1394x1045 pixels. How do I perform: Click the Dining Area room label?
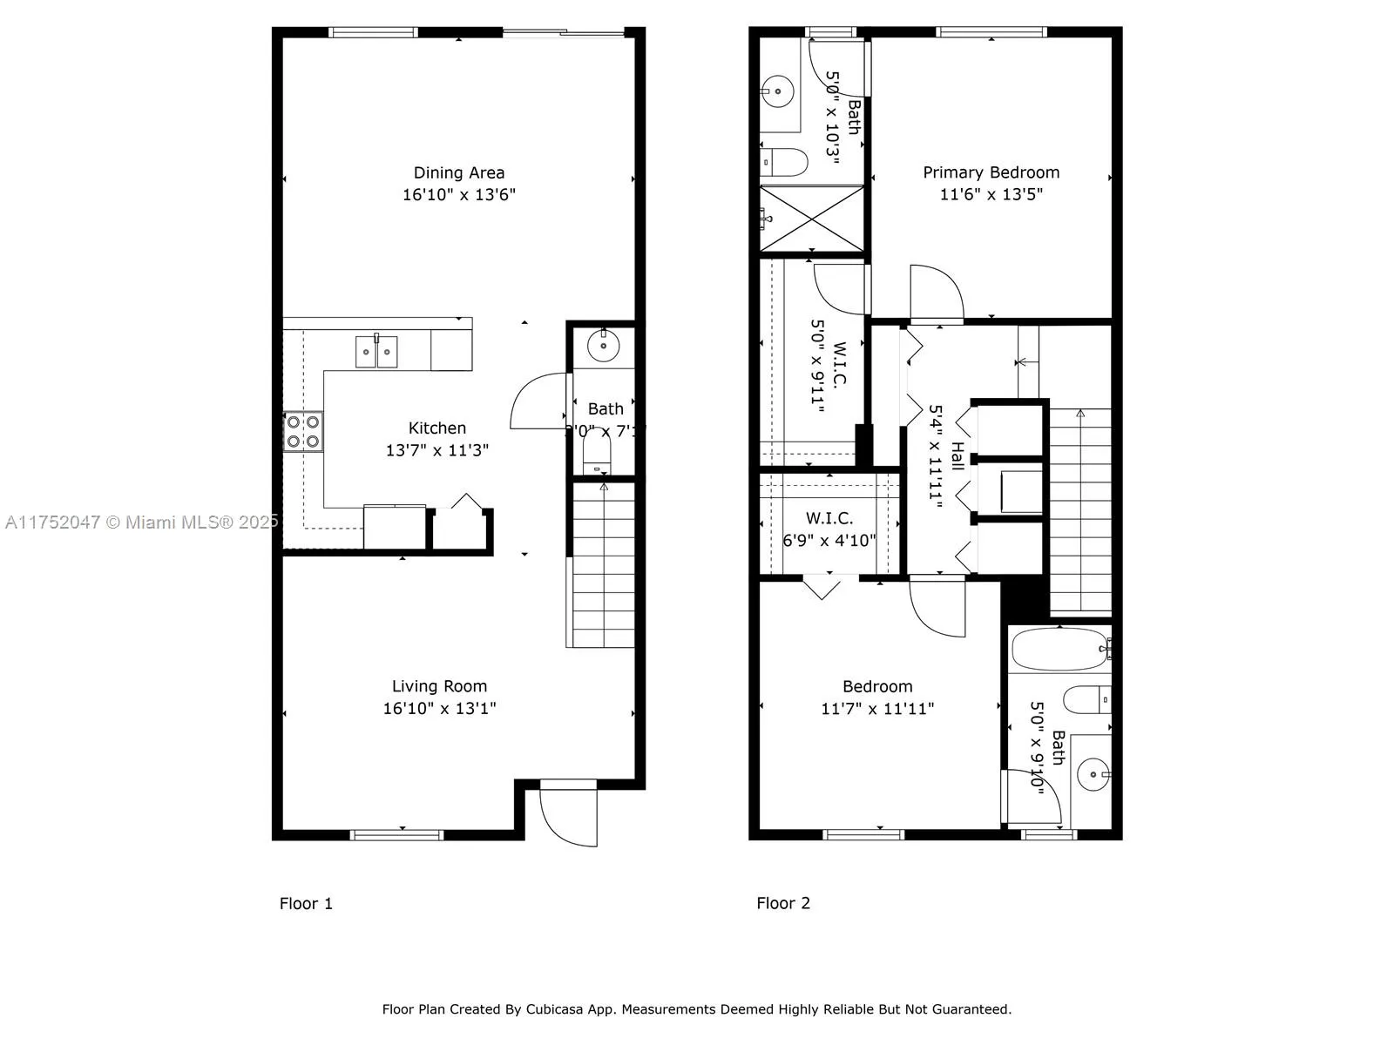pos(458,172)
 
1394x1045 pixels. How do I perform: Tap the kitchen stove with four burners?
pos(302,431)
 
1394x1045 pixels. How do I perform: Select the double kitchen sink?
pos(376,352)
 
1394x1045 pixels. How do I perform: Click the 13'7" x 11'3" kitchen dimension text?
pos(436,450)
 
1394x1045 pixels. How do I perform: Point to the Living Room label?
pos(439,686)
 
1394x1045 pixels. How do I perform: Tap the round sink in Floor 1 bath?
pos(602,346)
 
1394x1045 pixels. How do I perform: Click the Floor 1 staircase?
pos(603,566)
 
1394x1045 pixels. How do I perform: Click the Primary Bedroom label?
pos(991,172)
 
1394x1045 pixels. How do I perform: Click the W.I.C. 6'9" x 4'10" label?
pos(829,530)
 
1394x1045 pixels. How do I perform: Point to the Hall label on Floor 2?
pos(958,455)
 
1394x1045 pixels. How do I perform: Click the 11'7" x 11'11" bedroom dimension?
pos(876,709)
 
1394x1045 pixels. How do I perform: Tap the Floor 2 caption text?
pos(782,903)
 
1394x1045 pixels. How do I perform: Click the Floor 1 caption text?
pos(306,903)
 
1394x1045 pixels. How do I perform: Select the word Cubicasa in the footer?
pos(555,1009)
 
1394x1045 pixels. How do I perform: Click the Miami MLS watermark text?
pos(139,522)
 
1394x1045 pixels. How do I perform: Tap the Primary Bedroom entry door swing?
pos(937,293)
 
